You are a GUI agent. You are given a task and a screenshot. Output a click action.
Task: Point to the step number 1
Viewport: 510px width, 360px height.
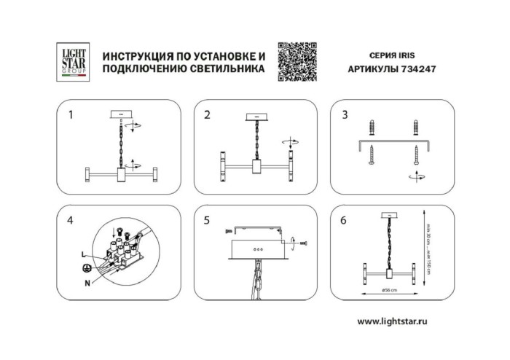coord(71,115)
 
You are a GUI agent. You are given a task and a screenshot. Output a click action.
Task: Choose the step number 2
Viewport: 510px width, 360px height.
coord(208,115)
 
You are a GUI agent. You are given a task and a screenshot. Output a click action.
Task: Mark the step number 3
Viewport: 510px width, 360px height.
coord(345,115)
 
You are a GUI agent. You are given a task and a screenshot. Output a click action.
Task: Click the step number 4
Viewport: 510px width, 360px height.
coord(71,219)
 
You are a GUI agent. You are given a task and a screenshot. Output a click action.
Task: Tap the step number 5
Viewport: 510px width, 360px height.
coord(208,219)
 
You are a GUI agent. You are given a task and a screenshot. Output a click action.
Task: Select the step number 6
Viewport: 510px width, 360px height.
coord(345,219)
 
